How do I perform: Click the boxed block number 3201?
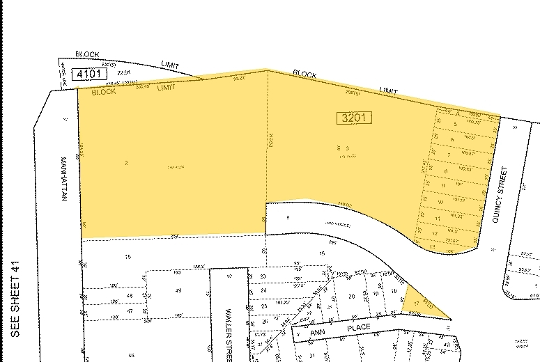354,118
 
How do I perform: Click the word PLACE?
362,326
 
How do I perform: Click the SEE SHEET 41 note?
17,299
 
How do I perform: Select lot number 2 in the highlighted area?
126,163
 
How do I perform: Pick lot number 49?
178,290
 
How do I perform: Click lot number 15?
128,257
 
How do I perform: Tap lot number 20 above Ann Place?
352,297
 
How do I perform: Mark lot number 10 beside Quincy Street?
441,203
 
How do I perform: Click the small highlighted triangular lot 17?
417,303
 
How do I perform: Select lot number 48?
130,296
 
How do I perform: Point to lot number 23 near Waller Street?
263,277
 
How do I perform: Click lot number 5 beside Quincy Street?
454,125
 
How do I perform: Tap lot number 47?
130,310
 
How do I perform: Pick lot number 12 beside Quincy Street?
435,233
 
